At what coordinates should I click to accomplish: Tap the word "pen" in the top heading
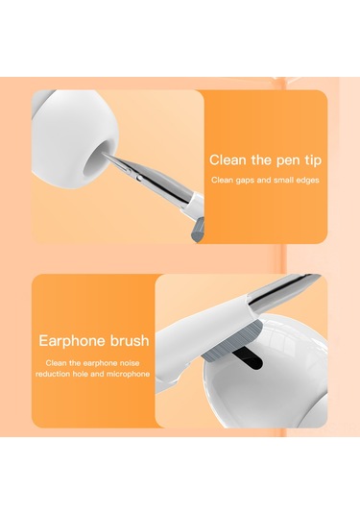pyautogui.click(x=289, y=161)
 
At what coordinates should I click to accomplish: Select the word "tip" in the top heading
pyautogui.click(x=314, y=161)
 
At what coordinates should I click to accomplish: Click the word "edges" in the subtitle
pyautogui.click(x=308, y=180)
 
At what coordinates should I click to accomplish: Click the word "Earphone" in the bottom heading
pyautogui.click(x=73, y=341)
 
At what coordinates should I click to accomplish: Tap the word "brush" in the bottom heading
pyautogui.click(x=130, y=341)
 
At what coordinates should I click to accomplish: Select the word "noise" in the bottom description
pyautogui.click(x=130, y=363)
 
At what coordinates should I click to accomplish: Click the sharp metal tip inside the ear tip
pyautogui.click(x=107, y=155)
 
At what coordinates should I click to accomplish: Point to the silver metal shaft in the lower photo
pyautogui.click(x=283, y=288)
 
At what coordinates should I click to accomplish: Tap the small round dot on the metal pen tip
pyautogui.click(x=140, y=178)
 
